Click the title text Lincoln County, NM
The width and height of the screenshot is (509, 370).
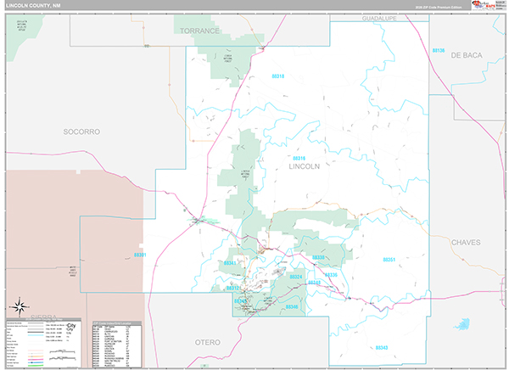click(33, 5)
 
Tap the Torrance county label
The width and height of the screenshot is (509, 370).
click(199, 31)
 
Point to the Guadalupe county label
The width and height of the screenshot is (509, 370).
click(379, 18)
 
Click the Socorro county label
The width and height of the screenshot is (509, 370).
click(81, 132)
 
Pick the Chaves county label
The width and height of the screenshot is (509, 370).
click(466, 242)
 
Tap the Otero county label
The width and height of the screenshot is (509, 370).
click(202, 342)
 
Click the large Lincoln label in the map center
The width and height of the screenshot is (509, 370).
click(305, 166)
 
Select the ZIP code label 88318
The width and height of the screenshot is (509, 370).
click(278, 76)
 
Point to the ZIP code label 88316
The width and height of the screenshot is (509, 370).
click(298, 158)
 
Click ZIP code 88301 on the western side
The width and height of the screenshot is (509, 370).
click(140, 255)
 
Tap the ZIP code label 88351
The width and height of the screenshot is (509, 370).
click(389, 259)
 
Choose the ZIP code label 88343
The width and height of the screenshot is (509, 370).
click(381, 347)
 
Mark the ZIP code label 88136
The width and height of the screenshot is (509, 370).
click(438, 51)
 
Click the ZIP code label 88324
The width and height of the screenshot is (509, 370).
click(296, 277)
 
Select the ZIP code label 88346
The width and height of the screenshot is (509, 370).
click(292, 306)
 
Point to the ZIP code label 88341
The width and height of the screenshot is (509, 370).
click(230, 263)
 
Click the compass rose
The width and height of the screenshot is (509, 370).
click(19, 306)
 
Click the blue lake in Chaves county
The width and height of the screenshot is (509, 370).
click(462, 325)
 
